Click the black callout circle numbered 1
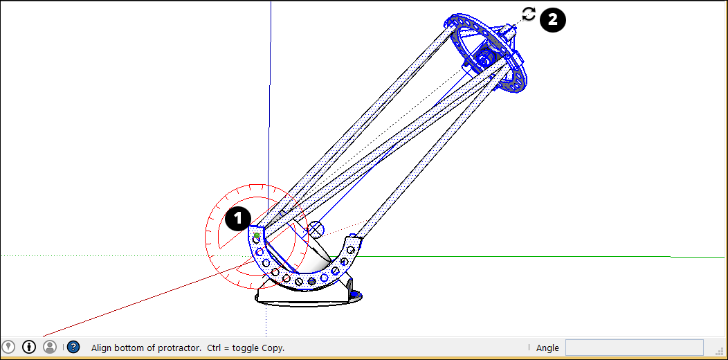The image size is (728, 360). point(237,219)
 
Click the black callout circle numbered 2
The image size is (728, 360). point(552,19)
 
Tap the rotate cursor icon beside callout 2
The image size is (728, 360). point(529,14)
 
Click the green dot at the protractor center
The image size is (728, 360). point(257,235)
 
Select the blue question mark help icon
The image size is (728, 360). point(73,347)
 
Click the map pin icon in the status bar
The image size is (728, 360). point(8,347)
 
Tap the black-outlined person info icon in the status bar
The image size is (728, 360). point(29,347)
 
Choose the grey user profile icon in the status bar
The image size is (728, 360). point(50,347)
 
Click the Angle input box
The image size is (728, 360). point(634,348)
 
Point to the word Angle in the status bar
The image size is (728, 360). point(547,348)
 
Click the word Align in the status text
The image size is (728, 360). point(102,348)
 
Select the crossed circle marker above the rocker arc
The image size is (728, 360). point(316,229)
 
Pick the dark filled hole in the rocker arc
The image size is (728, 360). point(312,281)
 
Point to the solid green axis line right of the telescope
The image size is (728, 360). point(519,256)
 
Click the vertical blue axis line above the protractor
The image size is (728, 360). point(269,104)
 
